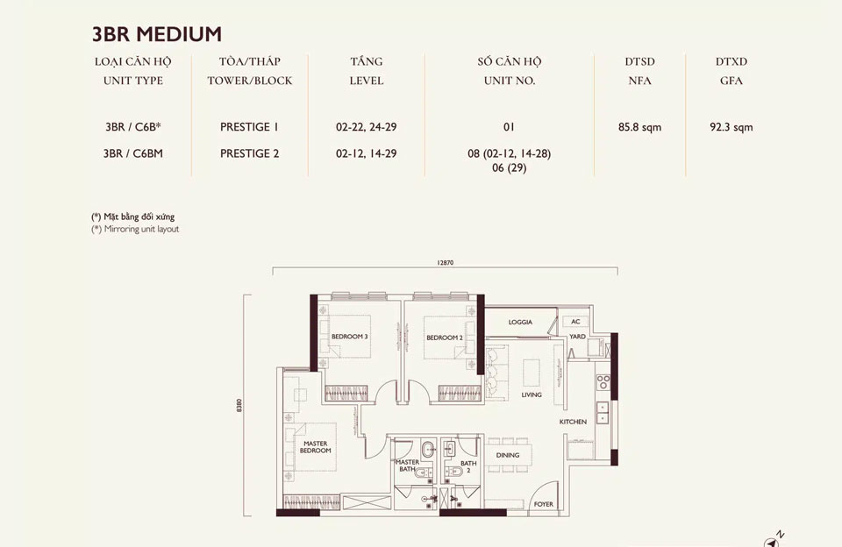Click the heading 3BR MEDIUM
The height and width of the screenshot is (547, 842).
[156, 34]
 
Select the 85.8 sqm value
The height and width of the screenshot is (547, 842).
[639, 127]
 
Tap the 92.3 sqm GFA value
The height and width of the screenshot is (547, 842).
[731, 127]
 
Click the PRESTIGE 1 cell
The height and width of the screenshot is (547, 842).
[249, 127]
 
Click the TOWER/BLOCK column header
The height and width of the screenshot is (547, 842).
[249, 81]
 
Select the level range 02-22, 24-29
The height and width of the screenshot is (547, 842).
[366, 127]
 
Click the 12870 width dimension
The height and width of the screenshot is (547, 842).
[445, 263]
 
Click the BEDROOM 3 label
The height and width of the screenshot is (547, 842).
[349, 337]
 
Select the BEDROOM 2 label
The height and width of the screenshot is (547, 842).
[444, 337]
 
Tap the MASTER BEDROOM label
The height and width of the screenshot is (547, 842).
[316, 447]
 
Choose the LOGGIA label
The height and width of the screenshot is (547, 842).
[520, 323]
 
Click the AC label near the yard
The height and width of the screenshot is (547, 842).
[576, 322]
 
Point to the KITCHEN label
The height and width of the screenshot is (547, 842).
[573, 423]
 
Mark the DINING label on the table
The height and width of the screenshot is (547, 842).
[507, 455]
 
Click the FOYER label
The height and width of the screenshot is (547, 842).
[544, 505]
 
